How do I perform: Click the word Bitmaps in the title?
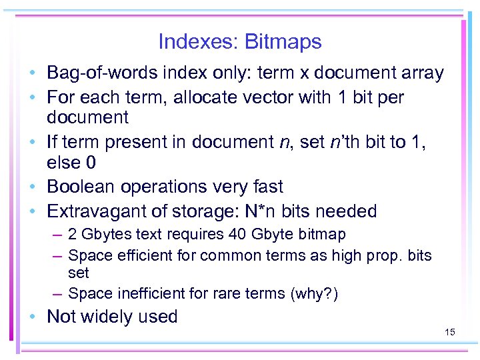[x=283, y=42]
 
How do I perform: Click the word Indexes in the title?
[x=199, y=42]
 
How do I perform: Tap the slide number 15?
[x=449, y=331]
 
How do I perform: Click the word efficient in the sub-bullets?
[x=144, y=255]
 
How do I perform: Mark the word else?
[x=64, y=163]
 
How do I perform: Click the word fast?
[x=265, y=187]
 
